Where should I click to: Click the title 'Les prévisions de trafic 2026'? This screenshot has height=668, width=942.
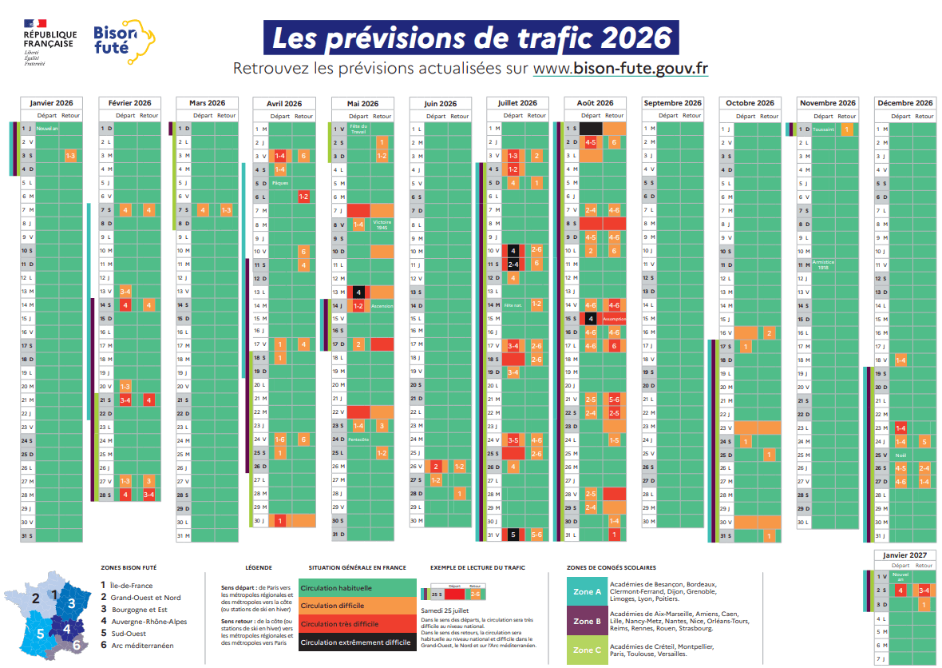click(x=471, y=38)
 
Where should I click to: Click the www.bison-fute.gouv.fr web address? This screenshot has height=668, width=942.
click(x=620, y=69)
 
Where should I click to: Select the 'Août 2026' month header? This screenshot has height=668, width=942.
click(x=595, y=103)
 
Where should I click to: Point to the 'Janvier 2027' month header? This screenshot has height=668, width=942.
click(x=904, y=555)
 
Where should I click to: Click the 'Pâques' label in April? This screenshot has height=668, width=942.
click(x=280, y=183)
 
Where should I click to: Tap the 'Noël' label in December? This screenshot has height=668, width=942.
click(x=900, y=455)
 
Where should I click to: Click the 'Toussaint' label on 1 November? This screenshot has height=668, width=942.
click(x=825, y=129)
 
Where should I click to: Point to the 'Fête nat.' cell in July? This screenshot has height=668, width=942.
click(x=513, y=305)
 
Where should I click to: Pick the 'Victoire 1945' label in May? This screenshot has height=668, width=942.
click(x=382, y=225)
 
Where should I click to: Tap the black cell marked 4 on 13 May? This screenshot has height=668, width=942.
click(x=358, y=292)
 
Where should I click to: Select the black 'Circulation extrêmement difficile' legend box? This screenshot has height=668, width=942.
click(x=357, y=642)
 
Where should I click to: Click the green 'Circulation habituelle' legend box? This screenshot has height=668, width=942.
click(x=357, y=587)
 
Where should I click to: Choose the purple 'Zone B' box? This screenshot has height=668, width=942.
click(x=587, y=621)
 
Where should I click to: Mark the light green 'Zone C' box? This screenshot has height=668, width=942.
click(x=587, y=650)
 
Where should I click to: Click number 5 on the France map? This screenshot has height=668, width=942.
click(x=41, y=634)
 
